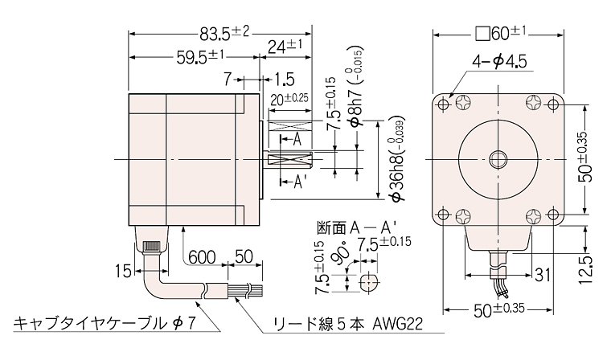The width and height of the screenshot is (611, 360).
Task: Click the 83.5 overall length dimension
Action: (x=224, y=34)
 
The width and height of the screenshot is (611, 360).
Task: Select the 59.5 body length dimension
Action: (x=200, y=57)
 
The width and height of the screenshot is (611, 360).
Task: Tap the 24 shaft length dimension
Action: (x=285, y=47)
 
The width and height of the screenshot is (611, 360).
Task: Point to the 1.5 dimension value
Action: (x=284, y=80)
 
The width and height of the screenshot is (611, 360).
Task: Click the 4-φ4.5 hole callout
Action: (x=499, y=62)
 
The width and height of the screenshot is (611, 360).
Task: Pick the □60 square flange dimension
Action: (x=501, y=34)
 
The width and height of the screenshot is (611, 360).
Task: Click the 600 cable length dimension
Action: (x=202, y=257)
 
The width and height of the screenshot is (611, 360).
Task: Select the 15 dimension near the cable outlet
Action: (x=124, y=271)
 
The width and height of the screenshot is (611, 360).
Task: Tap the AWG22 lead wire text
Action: (x=397, y=324)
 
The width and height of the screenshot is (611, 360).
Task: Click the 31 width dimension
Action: (x=543, y=275)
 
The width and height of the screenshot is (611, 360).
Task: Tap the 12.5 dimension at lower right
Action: (x=585, y=270)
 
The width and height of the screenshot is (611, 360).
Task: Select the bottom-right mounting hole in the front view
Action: (x=552, y=214)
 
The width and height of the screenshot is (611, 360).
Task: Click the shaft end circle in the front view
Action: (x=498, y=159)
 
